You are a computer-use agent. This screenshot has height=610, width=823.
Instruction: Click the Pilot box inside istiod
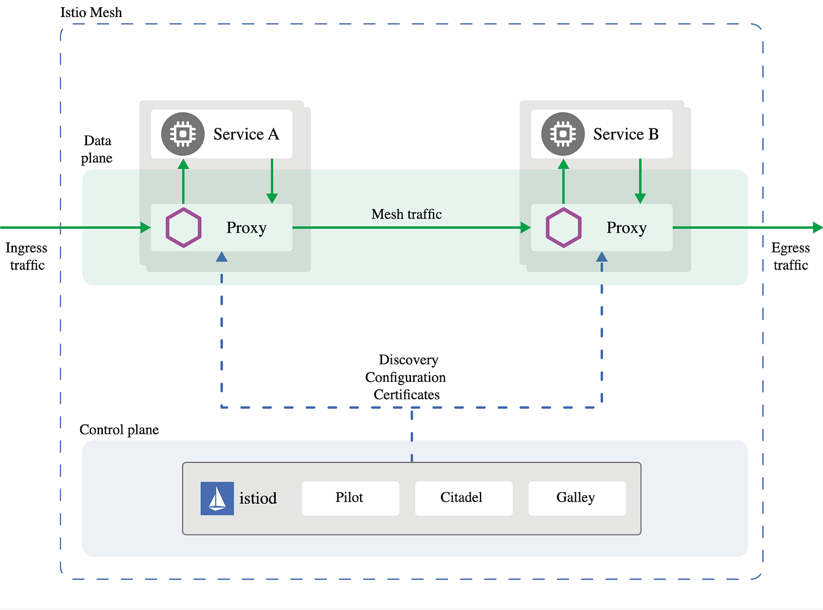point(350,498)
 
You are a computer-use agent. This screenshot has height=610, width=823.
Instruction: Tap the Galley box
point(577,498)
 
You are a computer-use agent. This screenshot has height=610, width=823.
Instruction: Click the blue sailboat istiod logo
point(217,498)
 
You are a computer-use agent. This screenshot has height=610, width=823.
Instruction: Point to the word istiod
point(258,499)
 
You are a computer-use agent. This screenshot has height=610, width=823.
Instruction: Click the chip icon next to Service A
point(183,134)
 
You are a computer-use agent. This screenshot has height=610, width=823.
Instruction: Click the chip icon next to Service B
point(563,134)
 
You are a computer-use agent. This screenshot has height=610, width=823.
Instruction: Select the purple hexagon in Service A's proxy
point(183,228)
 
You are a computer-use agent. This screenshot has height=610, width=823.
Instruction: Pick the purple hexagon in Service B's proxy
point(564,228)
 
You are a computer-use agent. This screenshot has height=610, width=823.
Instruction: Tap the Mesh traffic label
point(406,214)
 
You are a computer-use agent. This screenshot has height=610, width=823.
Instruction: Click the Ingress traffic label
point(27,256)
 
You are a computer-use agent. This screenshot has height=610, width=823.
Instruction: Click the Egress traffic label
point(790,256)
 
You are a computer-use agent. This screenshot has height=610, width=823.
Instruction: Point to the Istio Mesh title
point(91,12)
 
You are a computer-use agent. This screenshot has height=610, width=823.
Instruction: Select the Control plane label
point(119,430)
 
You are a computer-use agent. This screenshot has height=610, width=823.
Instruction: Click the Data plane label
point(97,149)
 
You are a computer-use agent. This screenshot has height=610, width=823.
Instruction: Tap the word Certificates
point(406,395)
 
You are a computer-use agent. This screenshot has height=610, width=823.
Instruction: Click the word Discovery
point(408,360)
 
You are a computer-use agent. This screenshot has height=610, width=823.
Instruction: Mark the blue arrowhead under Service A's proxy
point(222,257)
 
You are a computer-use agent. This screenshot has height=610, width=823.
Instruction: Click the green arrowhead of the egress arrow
point(817,228)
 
